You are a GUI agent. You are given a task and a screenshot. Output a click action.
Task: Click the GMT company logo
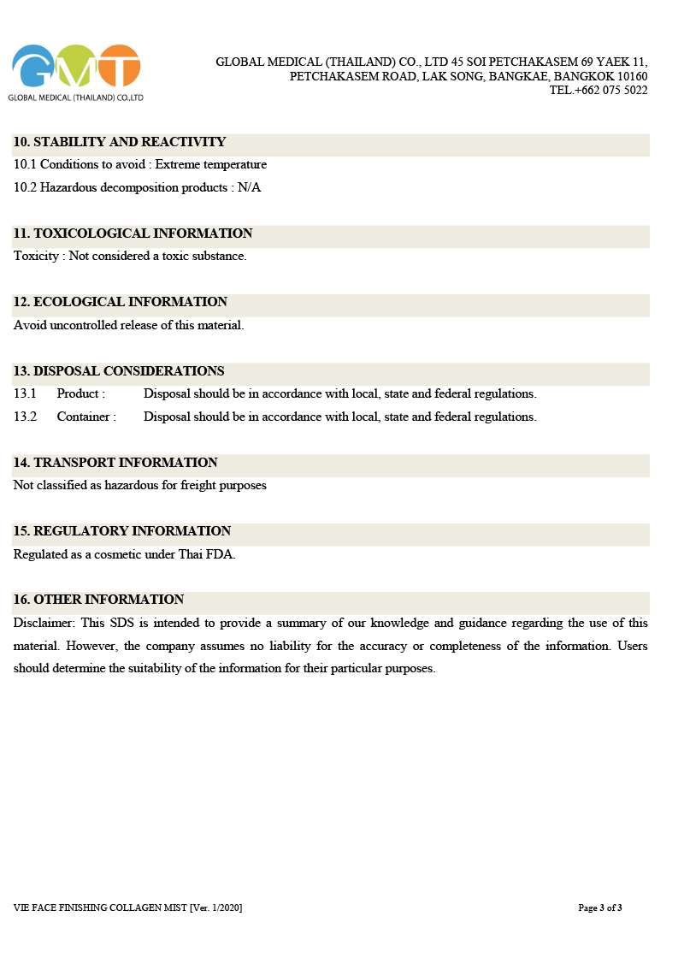pyautogui.click(x=75, y=68)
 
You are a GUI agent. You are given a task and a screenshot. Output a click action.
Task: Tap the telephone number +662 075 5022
pyautogui.click(x=610, y=91)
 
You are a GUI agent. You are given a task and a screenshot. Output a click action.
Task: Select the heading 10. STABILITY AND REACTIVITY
pyautogui.click(x=120, y=142)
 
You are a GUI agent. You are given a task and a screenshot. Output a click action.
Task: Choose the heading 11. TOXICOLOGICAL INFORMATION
pyautogui.click(x=133, y=234)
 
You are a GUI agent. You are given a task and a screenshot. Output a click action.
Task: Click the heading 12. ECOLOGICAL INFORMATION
pyautogui.click(x=120, y=302)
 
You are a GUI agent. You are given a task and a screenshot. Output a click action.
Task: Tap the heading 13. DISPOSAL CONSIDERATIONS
pyautogui.click(x=119, y=371)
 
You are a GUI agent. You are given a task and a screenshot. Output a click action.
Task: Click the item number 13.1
pyautogui.click(x=25, y=394)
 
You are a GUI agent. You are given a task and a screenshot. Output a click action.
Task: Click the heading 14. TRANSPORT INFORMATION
pyautogui.click(x=115, y=463)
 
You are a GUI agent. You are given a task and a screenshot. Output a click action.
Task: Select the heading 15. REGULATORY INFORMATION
pyautogui.click(x=122, y=531)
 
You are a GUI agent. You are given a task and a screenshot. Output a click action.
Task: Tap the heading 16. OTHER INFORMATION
pyautogui.click(x=98, y=600)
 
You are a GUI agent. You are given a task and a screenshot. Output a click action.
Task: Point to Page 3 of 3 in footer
pyautogui.click(x=599, y=908)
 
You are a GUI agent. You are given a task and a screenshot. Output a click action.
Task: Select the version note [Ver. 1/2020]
pyautogui.click(x=215, y=908)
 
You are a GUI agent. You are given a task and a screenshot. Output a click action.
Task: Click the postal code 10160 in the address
pyautogui.click(x=630, y=76)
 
